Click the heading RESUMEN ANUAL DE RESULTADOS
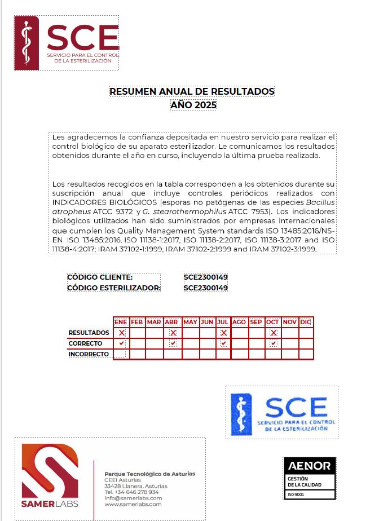tap(192, 91)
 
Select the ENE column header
tap(121, 322)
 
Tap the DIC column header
tap(306, 322)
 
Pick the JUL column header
tap(223, 322)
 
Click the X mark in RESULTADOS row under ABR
tap(173, 333)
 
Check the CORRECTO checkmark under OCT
tap(274, 343)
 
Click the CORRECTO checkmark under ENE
tap(121, 343)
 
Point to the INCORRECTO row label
tap(89, 354)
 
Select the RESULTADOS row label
tap(89, 333)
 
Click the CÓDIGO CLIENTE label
tap(100, 277)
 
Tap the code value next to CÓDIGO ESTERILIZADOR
tap(205, 288)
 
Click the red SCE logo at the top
tap(67, 42)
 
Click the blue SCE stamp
tap(282, 413)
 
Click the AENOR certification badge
tap(309, 478)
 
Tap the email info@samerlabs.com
tap(133, 498)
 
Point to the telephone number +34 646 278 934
tap(131, 492)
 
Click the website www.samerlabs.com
tap(133, 504)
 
